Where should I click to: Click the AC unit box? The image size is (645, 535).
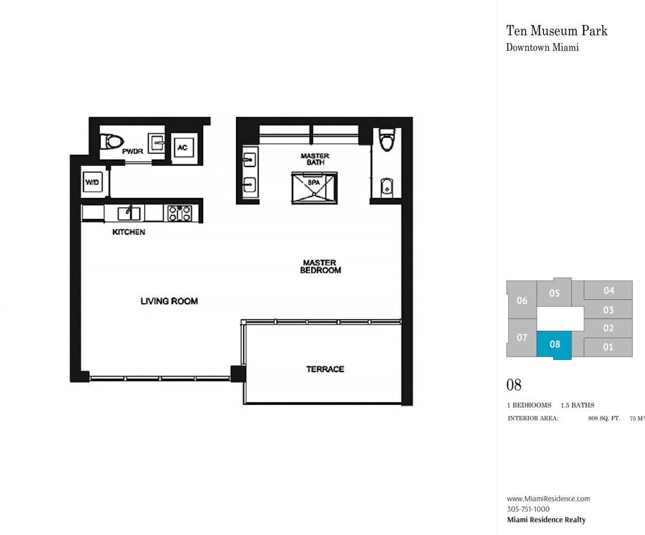184,147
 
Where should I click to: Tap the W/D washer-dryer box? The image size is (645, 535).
93,182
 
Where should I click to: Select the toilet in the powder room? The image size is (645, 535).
112,142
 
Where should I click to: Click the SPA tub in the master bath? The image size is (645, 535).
314,188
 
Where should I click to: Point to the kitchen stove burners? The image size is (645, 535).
180,213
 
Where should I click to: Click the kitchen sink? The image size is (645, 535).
129,213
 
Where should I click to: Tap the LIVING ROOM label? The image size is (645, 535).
169,301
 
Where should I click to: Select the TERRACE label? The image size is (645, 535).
325,369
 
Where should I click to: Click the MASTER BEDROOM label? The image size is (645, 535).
320,266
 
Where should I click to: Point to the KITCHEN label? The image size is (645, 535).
129,232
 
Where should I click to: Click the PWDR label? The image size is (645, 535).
133,151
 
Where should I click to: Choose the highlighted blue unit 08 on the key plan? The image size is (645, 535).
554,345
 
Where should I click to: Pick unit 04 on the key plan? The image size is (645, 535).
608,290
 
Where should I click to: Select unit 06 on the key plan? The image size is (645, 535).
522,300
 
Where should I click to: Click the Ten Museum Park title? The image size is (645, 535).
556,30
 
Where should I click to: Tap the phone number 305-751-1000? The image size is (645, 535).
528,509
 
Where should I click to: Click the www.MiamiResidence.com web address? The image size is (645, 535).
548,498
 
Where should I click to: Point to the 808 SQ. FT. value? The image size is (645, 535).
604,419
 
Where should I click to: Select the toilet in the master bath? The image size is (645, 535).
387,140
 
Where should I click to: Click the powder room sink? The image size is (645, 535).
157,143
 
